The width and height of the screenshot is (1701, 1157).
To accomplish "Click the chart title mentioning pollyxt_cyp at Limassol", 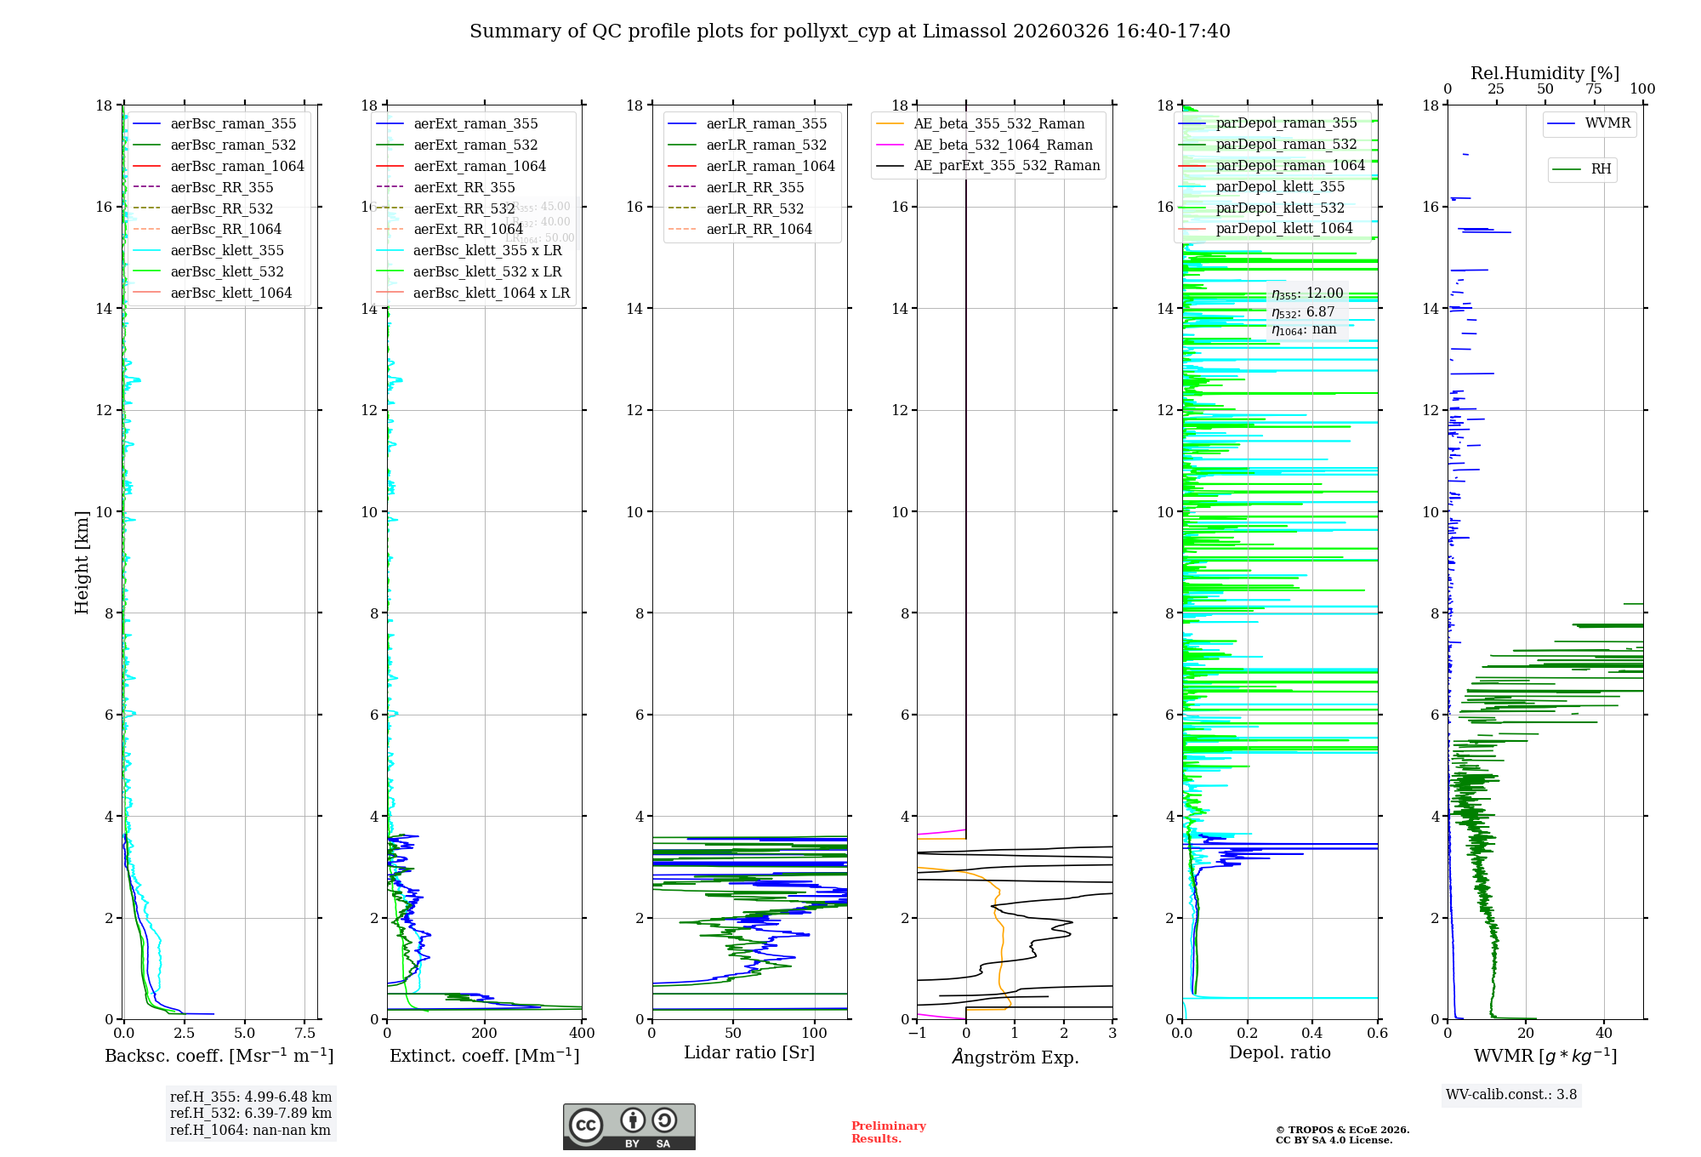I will point(850,31).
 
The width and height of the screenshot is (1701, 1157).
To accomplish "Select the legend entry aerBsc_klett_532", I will point(227,271).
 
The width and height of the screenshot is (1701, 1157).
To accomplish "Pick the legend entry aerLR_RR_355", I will point(755,187).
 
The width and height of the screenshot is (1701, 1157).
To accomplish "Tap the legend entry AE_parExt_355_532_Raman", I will point(1006,165).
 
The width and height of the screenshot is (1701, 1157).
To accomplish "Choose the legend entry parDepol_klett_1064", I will point(1283,228).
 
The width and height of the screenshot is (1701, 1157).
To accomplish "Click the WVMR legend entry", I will point(1607,123).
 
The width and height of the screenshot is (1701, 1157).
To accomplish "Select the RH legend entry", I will point(1601,169).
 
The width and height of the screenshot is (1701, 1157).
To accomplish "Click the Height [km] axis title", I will point(82,561).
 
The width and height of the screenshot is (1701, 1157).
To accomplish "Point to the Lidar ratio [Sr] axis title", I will point(749,1052).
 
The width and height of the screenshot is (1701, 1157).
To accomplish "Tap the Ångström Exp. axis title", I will point(1015,1057).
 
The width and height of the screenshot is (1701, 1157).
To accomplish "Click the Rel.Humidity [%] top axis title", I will point(1545,73).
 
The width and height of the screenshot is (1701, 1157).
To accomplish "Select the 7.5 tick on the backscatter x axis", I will point(305,1034).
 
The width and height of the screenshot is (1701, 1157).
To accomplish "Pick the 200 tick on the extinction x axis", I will point(485,1034).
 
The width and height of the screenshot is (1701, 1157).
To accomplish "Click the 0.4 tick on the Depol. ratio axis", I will point(1312,1034).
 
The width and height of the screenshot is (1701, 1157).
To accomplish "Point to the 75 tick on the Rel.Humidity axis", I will point(1594,89).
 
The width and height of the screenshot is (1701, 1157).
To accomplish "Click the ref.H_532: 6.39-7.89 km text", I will point(250,1113).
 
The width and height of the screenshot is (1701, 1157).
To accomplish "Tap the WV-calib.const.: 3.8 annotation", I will point(1511,1095).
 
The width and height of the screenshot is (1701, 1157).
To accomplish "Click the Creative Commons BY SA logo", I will point(629,1126).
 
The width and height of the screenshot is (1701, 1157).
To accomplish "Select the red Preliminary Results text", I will point(888,1132).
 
